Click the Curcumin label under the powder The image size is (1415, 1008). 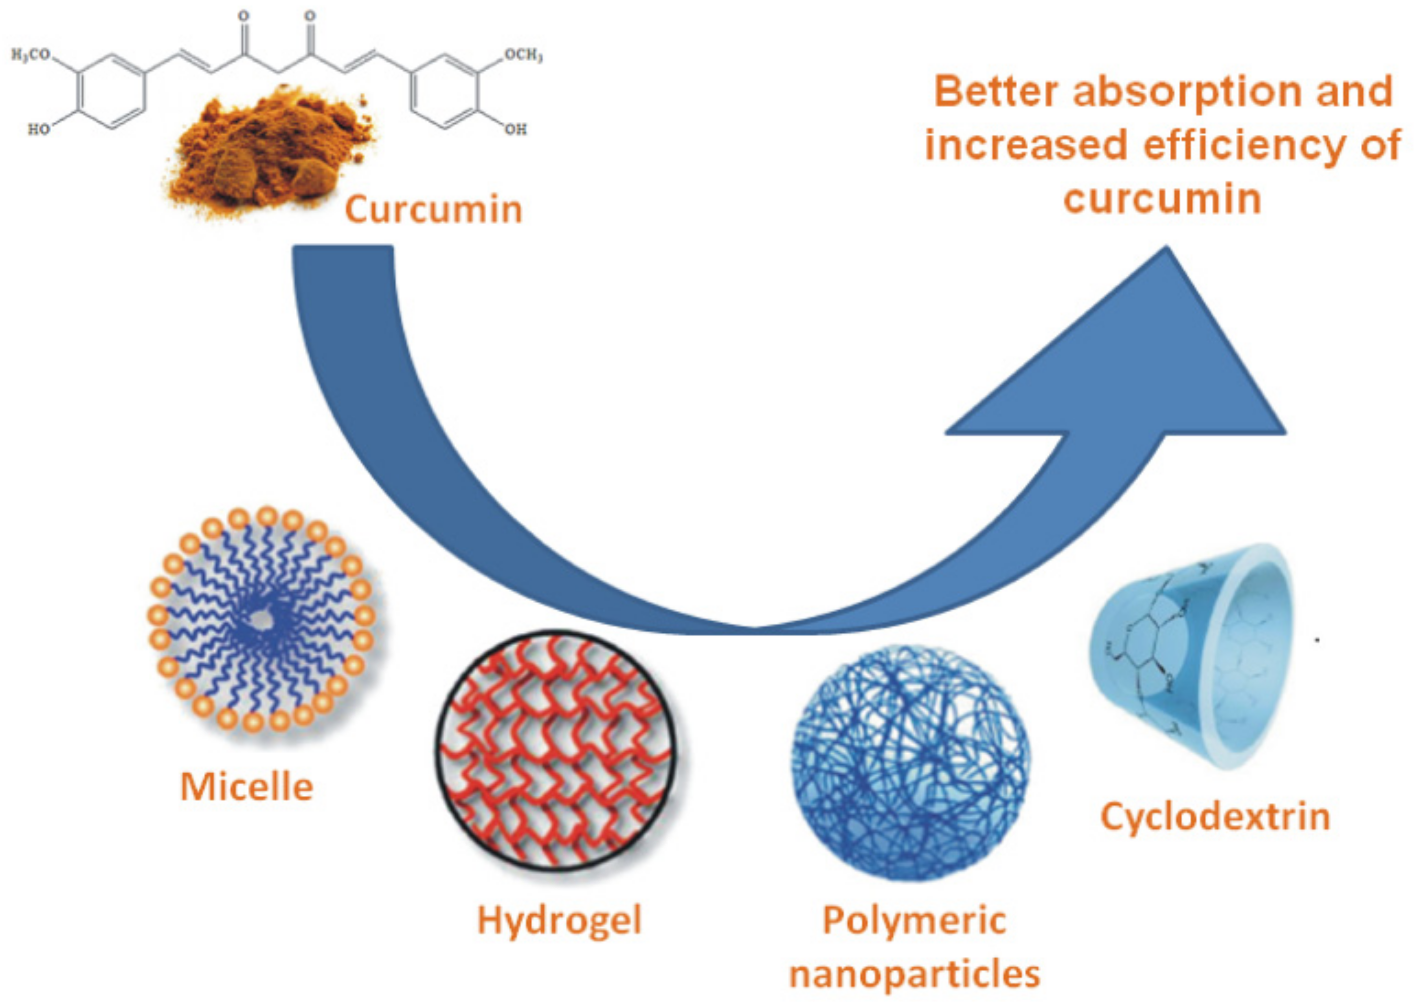point(434,209)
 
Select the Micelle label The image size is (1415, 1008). point(246,787)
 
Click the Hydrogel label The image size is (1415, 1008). point(559,920)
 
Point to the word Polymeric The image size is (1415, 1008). point(914,920)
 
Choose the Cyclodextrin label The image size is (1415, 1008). point(1215,817)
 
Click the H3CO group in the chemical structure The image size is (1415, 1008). point(31,55)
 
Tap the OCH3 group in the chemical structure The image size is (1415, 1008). point(523,55)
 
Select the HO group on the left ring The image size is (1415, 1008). point(39,129)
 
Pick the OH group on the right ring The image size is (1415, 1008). point(514,129)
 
